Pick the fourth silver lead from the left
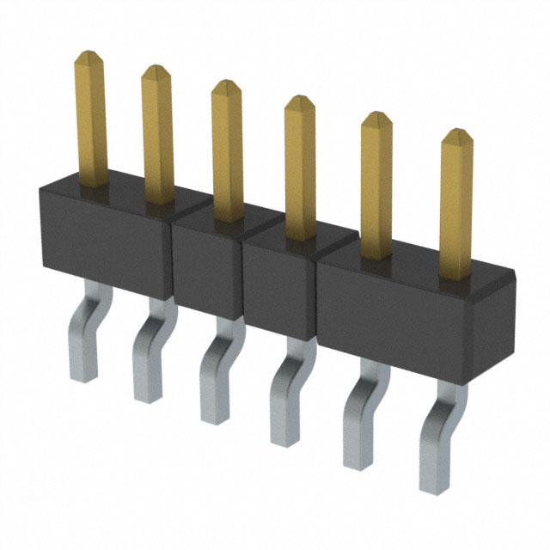tap(284, 395)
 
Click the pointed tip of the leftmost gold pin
tap(89, 56)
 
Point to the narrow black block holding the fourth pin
tap(279, 284)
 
